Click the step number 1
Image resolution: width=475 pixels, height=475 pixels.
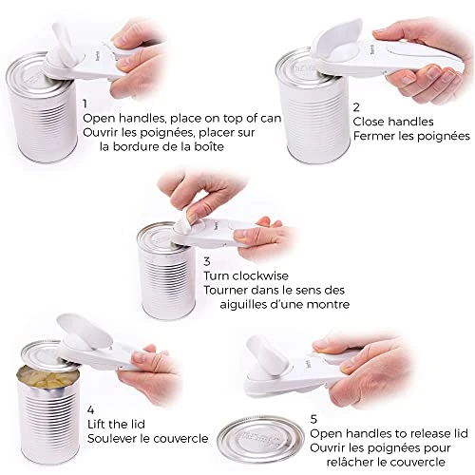click(x=85, y=104)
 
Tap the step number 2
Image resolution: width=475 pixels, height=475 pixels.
click(x=356, y=107)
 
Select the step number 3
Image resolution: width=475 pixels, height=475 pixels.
click(x=207, y=261)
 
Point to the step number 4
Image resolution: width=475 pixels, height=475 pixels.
click(x=91, y=410)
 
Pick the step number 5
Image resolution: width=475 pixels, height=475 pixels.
click(x=313, y=419)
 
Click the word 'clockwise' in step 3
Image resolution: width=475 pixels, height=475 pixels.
click(x=260, y=275)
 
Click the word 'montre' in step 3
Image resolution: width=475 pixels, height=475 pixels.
click(x=329, y=305)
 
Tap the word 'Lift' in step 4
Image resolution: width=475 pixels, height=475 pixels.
click(x=97, y=424)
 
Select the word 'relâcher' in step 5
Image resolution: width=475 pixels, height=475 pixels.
click(x=350, y=462)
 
